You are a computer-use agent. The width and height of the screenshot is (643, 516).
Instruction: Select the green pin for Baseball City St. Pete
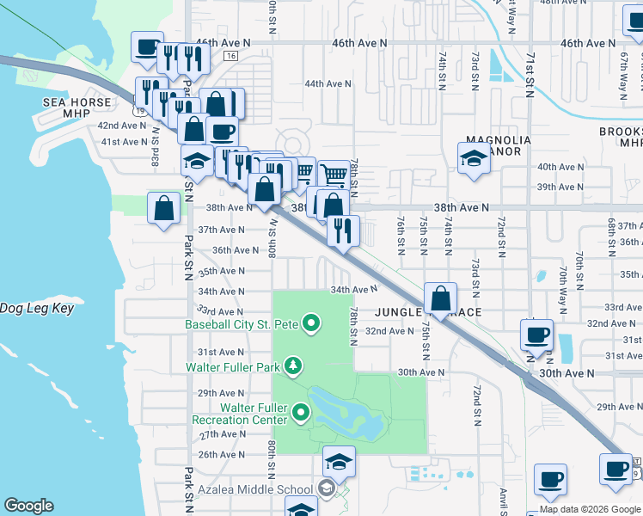coord(312,324)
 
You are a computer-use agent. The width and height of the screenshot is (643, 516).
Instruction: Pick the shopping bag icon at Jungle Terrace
coord(441,298)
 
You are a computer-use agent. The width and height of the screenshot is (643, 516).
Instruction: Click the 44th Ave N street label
coord(327,84)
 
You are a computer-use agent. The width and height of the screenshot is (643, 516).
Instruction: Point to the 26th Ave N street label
coord(221,454)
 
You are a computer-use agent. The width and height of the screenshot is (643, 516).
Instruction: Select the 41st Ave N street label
coord(124,142)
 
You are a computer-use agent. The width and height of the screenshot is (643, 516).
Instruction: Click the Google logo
coord(28,506)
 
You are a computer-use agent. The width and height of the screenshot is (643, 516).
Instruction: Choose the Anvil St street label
coord(504,502)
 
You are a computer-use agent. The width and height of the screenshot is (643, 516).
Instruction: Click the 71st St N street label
coord(530,67)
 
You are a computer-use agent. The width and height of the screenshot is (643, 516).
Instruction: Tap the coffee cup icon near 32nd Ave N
coord(537,333)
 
